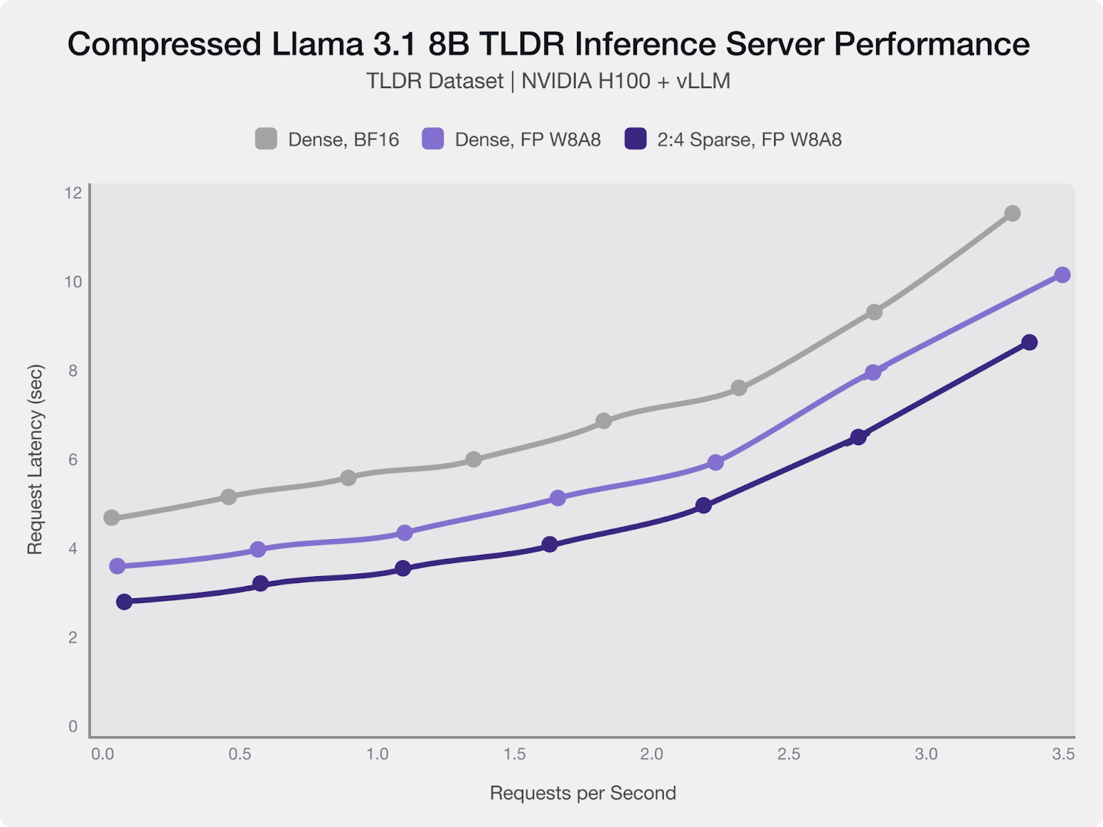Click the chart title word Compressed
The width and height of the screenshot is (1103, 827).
pos(165,45)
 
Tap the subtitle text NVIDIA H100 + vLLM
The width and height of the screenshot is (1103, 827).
pos(625,81)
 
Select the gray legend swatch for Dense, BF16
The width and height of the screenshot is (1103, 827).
pos(266,139)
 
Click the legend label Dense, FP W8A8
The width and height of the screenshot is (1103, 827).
pos(527,140)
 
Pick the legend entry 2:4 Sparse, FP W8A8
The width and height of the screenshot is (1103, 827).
pos(749,140)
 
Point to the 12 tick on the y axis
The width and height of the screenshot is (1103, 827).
pos(72,193)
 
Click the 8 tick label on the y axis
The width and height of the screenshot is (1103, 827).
pos(72,371)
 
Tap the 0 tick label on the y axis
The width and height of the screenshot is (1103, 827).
pos(72,726)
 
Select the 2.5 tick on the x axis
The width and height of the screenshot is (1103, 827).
pos(789,755)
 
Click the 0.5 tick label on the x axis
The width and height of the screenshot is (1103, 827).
pos(240,755)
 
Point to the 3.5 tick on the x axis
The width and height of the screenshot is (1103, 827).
pos(1063,755)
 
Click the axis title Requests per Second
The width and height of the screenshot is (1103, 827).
pos(583,793)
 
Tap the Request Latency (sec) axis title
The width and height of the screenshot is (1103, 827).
pos(35,460)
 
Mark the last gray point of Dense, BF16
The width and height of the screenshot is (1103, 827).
pos(1012,214)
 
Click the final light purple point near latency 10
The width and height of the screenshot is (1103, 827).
pos(1062,275)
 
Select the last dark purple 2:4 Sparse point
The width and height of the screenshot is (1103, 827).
pos(1029,343)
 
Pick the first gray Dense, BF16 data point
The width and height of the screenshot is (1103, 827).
pos(111,518)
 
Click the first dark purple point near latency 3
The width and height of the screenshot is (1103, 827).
pos(124,602)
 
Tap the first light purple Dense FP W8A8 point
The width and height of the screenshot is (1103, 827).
pos(117,566)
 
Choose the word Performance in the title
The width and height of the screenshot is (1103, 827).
pos(931,45)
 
